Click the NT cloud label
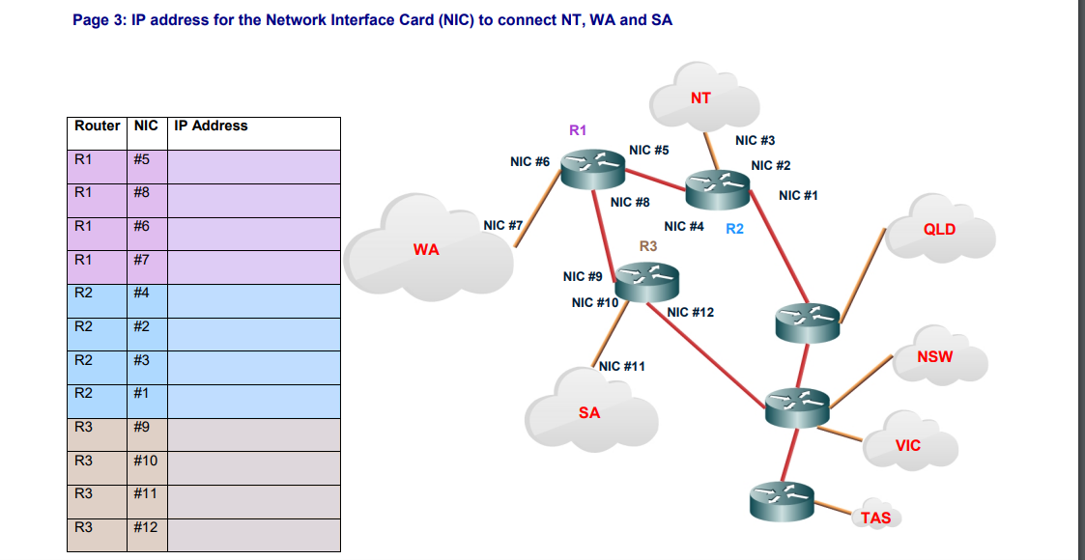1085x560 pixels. (x=700, y=98)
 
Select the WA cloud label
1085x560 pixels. (x=426, y=249)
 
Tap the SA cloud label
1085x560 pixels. (x=589, y=412)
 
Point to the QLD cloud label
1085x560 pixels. (x=939, y=229)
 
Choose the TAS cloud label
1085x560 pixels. (x=876, y=518)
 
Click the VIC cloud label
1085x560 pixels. (x=908, y=445)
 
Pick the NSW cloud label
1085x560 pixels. (x=934, y=356)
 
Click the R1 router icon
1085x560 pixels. (x=597, y=170)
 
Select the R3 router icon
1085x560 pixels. (x=647, y=280)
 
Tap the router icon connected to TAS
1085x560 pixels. (x=781, y=499)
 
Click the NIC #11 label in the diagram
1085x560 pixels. (x=622, y=366)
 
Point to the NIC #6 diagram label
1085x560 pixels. (x=529, y=162)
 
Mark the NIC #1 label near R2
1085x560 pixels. (x=798, y=195)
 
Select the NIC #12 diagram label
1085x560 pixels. (x=691, y=312)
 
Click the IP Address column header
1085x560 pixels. (x=211, y=126)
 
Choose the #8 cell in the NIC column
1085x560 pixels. (x=142, y=192)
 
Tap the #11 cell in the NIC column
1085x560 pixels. (x=145, y=493)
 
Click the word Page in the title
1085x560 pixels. (x=93, y=20)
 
